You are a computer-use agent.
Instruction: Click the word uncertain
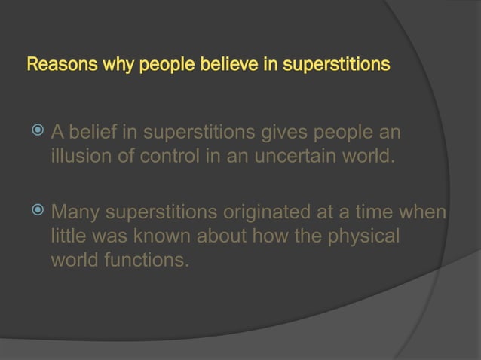(288, 159)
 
